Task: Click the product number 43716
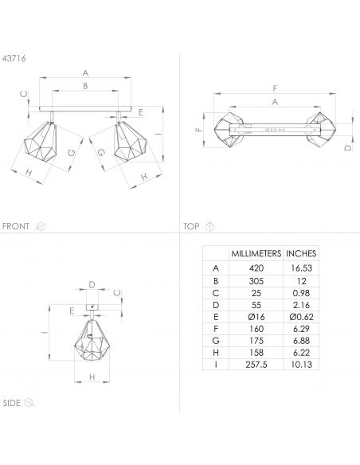click(x=14, y=58)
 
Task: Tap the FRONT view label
click(x=15, y=226)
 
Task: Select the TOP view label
click(x=191, y=227)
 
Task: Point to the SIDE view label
click(x=12, y=403)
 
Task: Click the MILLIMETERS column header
click(x=256, y=253)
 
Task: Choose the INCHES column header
click(x=301, y=253)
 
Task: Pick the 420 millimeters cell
click(x=256, y=268)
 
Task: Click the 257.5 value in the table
click(x=256, y=365)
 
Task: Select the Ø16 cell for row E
click(x=256, y=317)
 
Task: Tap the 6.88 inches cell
click(x=301, y=341)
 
